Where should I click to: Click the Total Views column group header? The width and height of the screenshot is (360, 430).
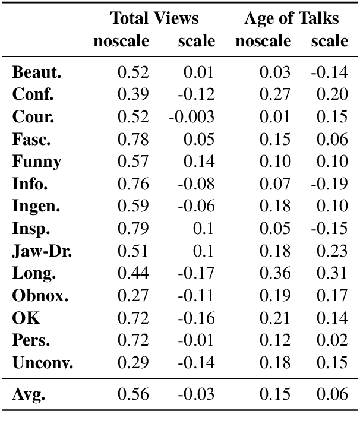tap(154, 18)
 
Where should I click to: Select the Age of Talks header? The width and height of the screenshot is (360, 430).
tap(291, 18)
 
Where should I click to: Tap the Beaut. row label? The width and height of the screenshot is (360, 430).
tap(37, 73)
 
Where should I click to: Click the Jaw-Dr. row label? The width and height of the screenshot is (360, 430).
tap(42, 250)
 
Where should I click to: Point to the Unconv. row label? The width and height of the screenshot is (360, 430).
tap(43, 363)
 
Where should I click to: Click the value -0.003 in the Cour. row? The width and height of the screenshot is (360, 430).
tap(191, 117)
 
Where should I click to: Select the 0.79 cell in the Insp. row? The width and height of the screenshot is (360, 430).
tap(133, 228)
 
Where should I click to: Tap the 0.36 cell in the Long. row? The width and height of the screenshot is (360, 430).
tap(275, 273)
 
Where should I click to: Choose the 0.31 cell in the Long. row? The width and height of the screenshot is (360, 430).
tap(333, 273)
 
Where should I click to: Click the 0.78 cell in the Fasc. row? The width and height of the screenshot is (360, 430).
tap(133, 140)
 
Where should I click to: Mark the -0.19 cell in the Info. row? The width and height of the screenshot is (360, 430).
tap(329, 184)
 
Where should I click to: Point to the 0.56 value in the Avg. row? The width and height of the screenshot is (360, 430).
tap(133, 394)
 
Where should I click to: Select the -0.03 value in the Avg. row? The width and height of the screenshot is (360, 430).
tap(195, 394)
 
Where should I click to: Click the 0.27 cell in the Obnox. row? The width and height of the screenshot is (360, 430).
tap(133, 295)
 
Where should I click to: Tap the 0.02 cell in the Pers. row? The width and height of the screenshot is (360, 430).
tap(333, 340)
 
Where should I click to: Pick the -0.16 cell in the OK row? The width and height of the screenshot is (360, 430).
tap(195, 318)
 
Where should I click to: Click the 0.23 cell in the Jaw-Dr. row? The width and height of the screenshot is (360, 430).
tap(333, 250)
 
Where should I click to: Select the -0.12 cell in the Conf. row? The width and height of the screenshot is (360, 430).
tap(195, 95)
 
